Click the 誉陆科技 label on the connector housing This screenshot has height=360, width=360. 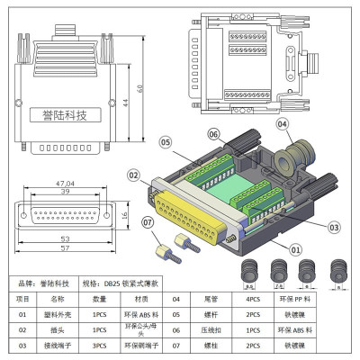point(65,115)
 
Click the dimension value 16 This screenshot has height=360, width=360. point(122,216)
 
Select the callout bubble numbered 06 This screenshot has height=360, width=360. point(212,134)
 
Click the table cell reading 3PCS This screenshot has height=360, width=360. point(100,345)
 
